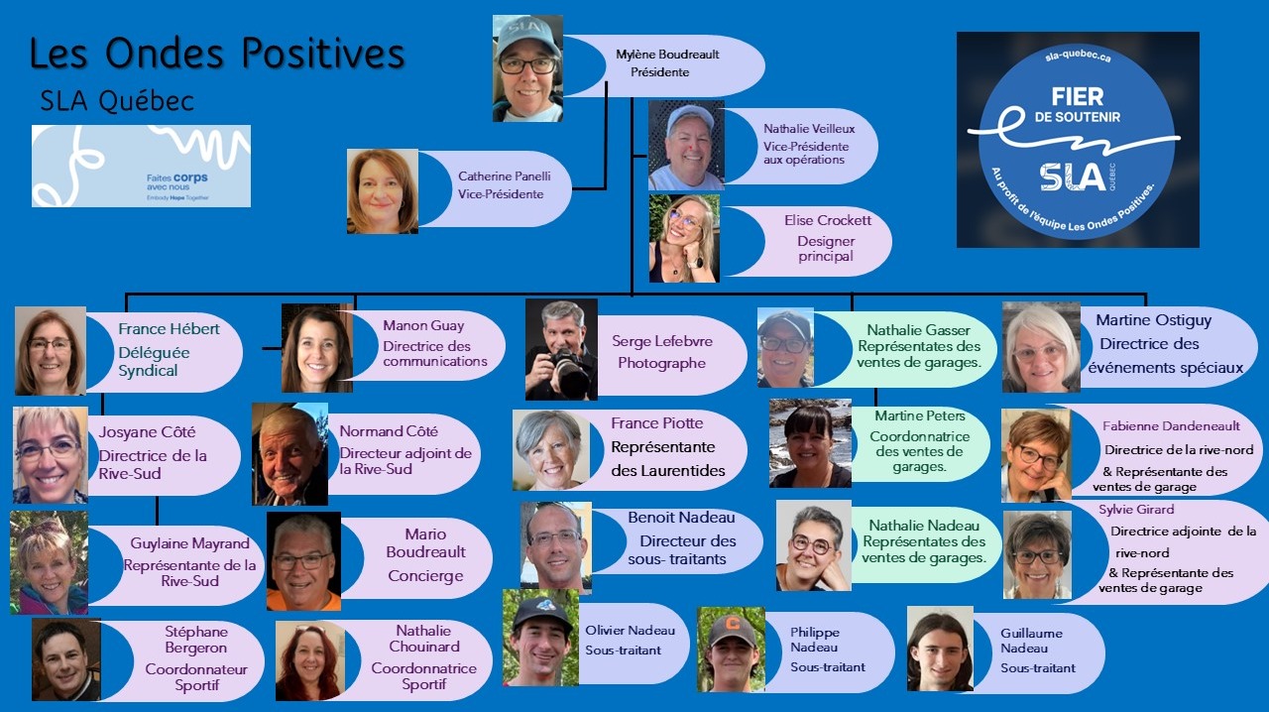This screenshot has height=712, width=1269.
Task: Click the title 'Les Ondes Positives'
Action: point(217,55)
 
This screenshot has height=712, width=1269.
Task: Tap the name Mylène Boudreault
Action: point(667,55)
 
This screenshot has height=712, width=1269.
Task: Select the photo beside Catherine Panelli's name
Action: point(382,191)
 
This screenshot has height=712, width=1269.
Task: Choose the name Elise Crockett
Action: point(826,221)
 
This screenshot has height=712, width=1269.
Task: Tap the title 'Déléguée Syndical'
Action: point(154,361)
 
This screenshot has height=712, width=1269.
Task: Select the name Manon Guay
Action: point(423,325)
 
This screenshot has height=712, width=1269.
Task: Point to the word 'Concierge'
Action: point(425,576)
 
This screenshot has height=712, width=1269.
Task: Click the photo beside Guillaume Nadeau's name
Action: point(938,650)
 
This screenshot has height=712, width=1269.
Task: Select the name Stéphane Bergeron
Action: point(196,640)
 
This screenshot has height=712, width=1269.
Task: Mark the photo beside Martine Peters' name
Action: point(810,443)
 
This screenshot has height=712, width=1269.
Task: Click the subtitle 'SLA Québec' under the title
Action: point(117,101)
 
